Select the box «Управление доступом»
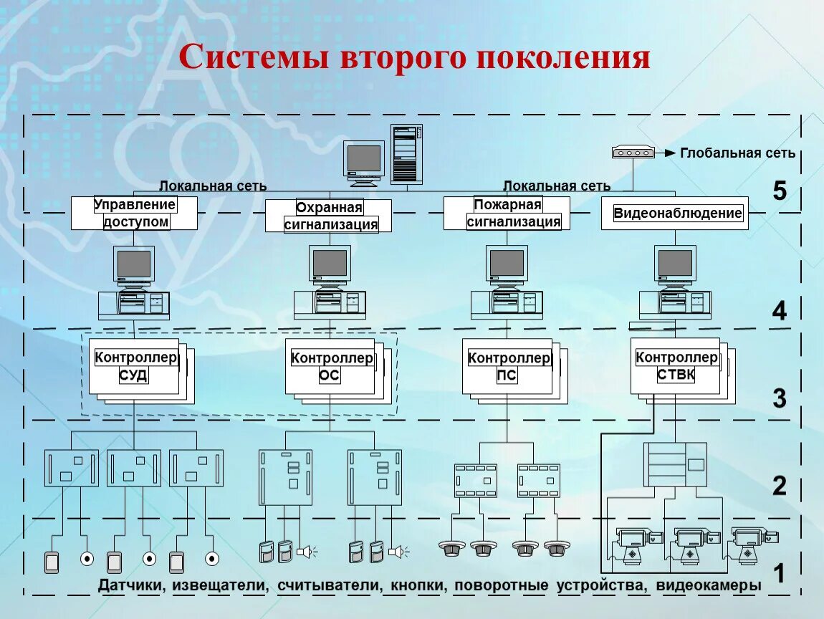(x=134, y=213)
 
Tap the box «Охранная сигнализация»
(x=328, y=216)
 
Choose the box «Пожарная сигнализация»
(x=507, y=213)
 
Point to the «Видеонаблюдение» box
(x=675, y=213)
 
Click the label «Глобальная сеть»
(x=737, y=153)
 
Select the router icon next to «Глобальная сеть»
(x=633, y=153)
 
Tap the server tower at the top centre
(x=406, y=154)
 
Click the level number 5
(x=780, y=191)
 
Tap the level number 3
(x=780, y=398)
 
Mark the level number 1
(x=779, y=573)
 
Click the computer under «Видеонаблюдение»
(x=675, y=282)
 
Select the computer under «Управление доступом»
(x=134, y=282)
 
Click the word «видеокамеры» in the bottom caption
(x=709, y=585)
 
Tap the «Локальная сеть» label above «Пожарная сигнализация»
(x=557, y=186)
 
